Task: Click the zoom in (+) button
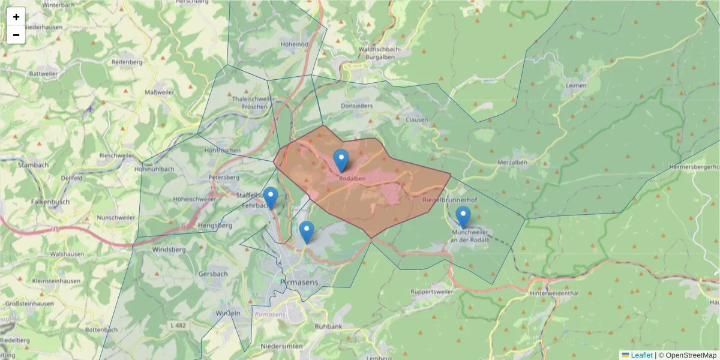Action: coord(16,17)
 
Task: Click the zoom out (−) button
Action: coord(16,35)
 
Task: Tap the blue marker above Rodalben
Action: coord(341,160)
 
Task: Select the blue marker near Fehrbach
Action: coord(271,197)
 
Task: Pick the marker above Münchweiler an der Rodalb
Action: coord(463,217)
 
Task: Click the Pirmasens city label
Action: coord(299,281)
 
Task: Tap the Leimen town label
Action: coord(575,86)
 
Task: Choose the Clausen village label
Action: coord(417,119)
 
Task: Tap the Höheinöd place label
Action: coord(294,44)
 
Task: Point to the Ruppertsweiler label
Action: coord(432,292)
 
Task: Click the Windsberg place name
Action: coord(170,249)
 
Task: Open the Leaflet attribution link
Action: coord(641,355)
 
